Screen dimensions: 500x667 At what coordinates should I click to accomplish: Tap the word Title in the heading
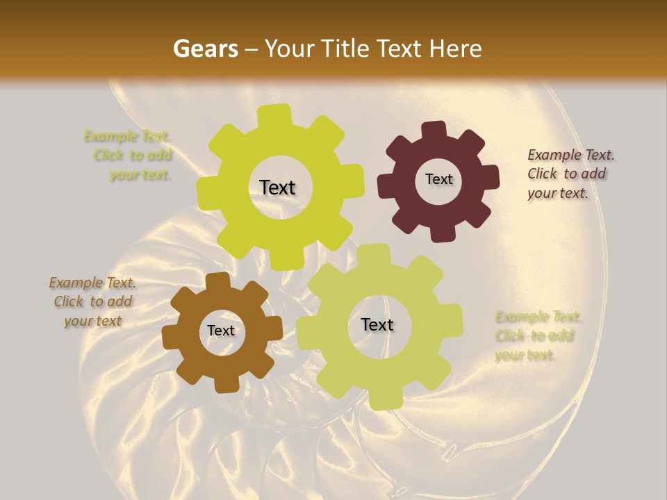[x=350, y=49]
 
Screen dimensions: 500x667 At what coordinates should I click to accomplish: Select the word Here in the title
[x=456, y=49]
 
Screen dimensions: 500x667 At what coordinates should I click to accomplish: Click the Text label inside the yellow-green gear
[x=277, y=187]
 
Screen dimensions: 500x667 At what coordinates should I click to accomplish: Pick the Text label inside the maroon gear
[x=438, y=179]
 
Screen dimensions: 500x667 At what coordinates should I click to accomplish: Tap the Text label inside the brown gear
[x=221, y=331]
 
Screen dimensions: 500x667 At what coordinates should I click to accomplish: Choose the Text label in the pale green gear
[x=377, y=324]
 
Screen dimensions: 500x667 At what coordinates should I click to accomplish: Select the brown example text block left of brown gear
[x=92, y=301]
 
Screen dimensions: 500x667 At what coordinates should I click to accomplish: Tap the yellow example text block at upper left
[x=129, y=155]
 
